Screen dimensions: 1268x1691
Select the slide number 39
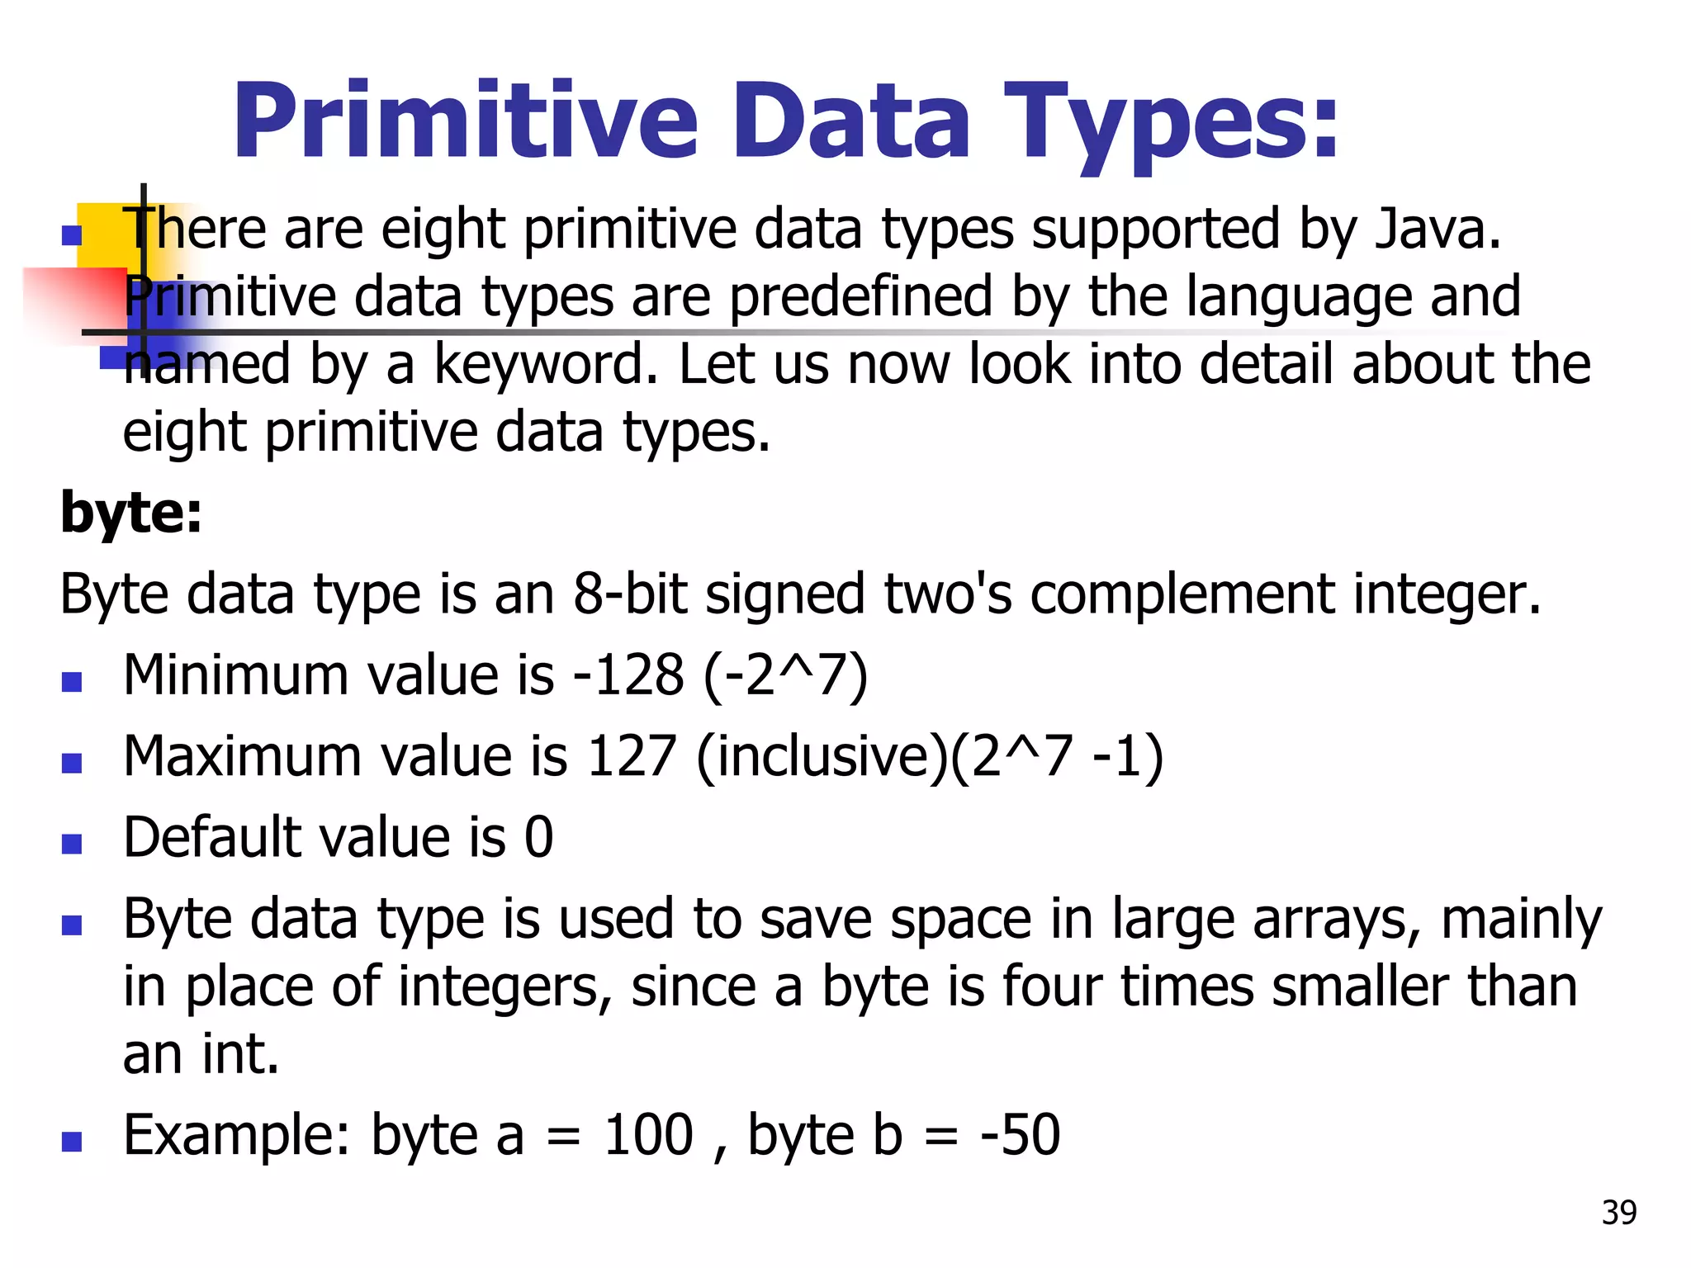[x=1618, y=1213]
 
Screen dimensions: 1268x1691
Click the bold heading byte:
[x=131, y=513]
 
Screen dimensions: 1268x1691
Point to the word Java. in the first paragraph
[x=1438, y=229]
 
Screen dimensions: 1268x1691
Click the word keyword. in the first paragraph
[x=546, y=364]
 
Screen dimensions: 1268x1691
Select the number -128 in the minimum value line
[x=628, y=675]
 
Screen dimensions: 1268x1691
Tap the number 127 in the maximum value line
[x=632, y=756]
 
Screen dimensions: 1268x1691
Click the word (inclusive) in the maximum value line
[x=822, y=756]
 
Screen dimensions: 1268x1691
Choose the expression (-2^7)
[x=785, y=675]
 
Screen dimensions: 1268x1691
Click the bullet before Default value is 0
[x=72, y=844]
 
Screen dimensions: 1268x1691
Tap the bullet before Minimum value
[x=72, y=682]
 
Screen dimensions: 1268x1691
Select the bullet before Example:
[x=72, y=1142]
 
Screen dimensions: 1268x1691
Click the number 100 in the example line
[x=648, y=1135]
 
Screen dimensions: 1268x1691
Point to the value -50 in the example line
[x=1020, y=1135]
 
